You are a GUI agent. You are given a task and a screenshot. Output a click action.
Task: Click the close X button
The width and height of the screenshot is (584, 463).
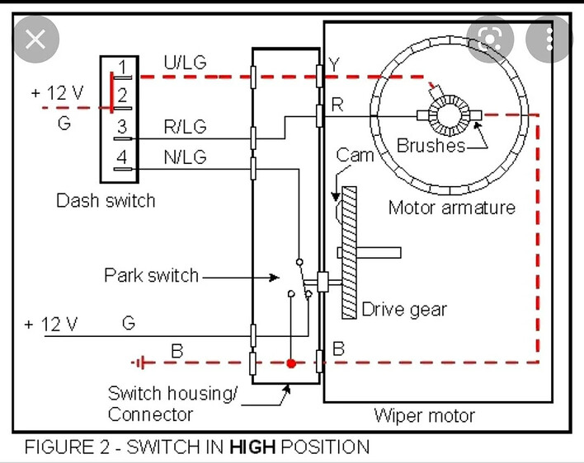point(35,38)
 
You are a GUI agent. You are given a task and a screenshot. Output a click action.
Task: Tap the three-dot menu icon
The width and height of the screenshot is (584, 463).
point(549,38)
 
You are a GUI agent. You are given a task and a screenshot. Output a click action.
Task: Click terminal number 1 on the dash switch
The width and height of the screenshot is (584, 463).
point(122,67)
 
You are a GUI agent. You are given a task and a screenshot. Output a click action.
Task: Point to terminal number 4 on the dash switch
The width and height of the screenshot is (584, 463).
point(122,157)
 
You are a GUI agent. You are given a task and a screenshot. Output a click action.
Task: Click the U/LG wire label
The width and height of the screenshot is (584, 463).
point(186,63)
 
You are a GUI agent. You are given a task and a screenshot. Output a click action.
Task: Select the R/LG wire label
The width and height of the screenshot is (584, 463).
point(186,127)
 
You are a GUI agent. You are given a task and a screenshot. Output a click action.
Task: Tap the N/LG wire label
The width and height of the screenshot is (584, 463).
point(186,157)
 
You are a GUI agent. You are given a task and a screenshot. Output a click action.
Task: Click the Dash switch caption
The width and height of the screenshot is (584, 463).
point(106,200)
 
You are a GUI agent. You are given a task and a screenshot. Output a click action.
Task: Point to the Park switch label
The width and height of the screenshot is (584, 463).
point(151,275)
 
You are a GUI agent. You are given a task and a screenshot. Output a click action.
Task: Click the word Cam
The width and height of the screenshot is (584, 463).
point(355,155)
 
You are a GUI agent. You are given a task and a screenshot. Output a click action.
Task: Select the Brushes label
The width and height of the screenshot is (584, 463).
point(430,146)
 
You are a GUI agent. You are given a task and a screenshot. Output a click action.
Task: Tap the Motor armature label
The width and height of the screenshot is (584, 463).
point(451,207)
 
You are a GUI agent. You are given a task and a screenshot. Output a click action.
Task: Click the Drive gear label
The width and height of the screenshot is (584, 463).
point(404,310)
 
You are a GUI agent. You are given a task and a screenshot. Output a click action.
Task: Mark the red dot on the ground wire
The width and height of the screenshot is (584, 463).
point(290,362)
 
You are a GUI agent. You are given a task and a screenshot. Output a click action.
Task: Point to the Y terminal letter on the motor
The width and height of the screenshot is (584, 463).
point(333,64)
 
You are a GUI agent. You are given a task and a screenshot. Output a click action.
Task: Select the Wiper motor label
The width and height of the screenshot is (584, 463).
point(424,414)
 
